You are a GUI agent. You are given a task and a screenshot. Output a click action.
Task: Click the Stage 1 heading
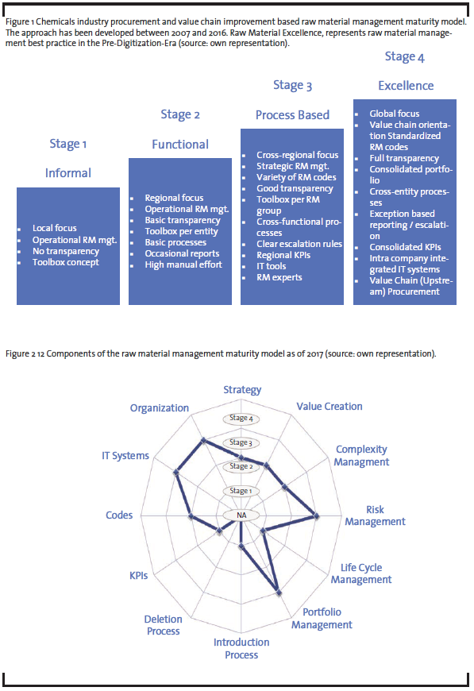click(x=67, y=144)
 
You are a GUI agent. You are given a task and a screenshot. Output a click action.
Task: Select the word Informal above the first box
click(x=67, y=173)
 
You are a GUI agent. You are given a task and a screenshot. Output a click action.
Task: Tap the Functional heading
click(x=180, y=144)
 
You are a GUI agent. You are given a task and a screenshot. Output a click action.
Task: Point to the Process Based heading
click(x=292, y=115)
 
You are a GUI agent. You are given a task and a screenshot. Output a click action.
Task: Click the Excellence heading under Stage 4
click(x=406, y=86)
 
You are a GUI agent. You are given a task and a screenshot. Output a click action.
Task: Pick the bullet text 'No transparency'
click(x=66, y=251)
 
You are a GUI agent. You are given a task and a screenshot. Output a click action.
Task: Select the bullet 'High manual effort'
click(x=183, y=264)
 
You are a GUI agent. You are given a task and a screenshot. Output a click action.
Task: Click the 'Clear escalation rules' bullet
click(x=299, y=244)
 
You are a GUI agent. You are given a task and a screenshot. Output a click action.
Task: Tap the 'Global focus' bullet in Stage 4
click(x=395, y=114)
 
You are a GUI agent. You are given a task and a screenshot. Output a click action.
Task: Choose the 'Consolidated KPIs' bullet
click(x=405, y=247)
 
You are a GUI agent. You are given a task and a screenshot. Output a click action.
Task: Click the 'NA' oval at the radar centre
click(x=241, y=515)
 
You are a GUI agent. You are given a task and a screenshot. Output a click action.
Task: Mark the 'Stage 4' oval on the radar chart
click(x=241, y=419)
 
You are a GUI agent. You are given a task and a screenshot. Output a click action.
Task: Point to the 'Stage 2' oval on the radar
click(x=241, y=466)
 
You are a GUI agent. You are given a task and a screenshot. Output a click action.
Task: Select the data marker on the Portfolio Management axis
click(x=279, y=593)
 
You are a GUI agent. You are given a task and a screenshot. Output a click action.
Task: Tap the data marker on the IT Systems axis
click(x=176, y=473)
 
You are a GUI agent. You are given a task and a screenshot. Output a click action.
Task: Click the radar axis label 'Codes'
click(x=119, y=515)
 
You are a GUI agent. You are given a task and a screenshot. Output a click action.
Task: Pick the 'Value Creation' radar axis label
click(x=329, y=407)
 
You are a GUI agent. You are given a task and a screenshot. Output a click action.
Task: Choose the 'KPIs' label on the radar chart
click(x=138, y=576)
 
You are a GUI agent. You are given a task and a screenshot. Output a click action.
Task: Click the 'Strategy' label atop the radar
click(x=242, y=390)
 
